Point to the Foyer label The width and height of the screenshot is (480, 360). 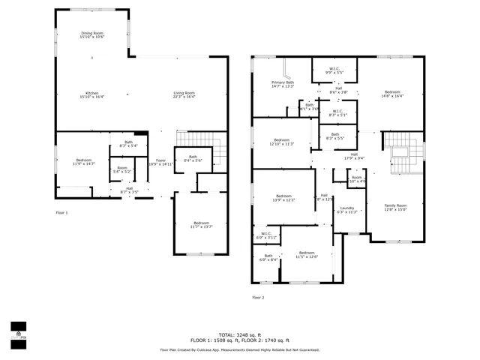pyautogui.click(x=160, y=161)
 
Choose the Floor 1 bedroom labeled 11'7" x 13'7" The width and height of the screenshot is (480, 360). pyautogui.click(x=201, y=224)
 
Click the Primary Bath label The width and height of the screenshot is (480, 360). pyautogui.click(x=282, y=84)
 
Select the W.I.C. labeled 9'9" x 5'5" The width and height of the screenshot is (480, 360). pyautogui.click(x=334, y=70)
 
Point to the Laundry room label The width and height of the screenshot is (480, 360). pyautogui.click(x=346, y=210)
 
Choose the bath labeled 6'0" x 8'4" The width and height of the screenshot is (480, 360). pyautogui.click(x=268, y=258)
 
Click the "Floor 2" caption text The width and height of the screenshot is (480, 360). pyautogui.click(x=258, y=298)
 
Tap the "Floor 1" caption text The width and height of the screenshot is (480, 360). pyautogui.click(x=61, y=213)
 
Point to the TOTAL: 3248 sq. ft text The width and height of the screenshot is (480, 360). pyautogui.click(x=240, y=334)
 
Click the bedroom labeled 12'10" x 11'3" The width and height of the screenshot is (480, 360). pyautogui.click(x=281, y=142)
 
